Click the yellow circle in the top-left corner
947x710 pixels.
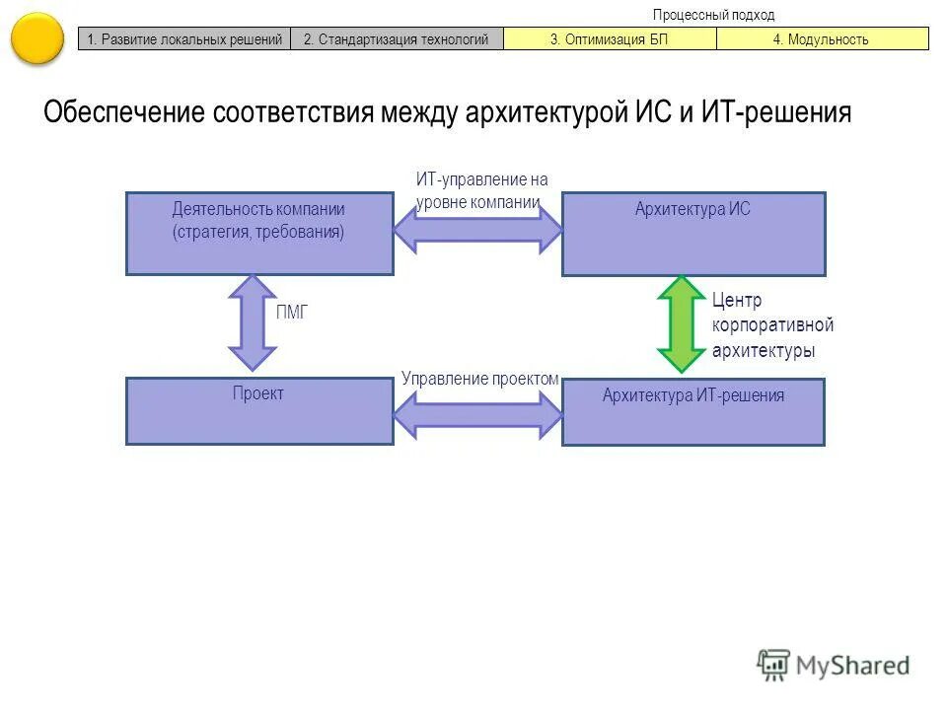point(37,37)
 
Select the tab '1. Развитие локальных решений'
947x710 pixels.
point(184,39)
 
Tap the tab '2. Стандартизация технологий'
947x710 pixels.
point(397,39)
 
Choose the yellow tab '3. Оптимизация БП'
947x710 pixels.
point(610,39)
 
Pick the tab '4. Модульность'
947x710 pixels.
point(822,39)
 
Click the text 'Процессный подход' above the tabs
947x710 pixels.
point(713,15)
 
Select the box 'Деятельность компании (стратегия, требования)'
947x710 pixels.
point(259,233)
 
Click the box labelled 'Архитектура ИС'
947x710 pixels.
point(693,233)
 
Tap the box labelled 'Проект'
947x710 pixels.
point(259,410)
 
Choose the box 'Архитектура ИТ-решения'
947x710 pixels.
point(693,411)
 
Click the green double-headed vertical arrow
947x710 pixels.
point(680,324)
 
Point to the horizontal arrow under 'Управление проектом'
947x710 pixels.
point(477,414)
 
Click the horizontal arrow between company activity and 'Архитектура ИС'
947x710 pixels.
point(477,230)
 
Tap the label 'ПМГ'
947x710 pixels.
point(292,312)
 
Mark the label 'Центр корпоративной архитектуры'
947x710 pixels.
point(772,325)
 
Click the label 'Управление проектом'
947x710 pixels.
point(480,378)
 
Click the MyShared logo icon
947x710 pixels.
point(773,665)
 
